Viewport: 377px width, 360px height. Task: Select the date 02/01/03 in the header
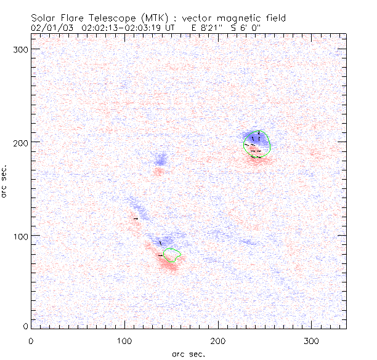click(x=49, y=28)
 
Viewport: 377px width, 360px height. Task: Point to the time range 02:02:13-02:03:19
click(x=129, y=28)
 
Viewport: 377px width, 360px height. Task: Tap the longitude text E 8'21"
click(x=207, y=28)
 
